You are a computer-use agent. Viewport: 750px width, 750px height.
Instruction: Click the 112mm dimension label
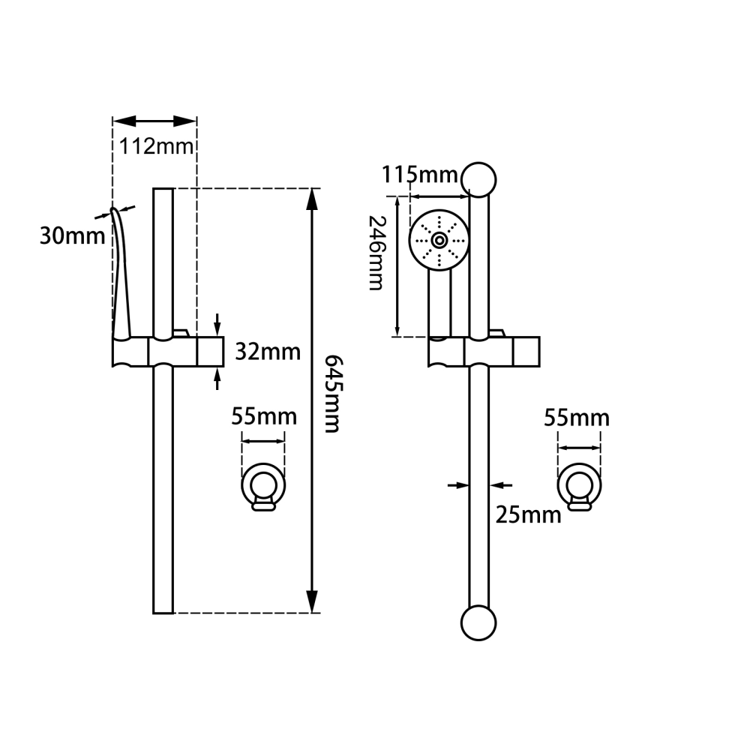click(x=156, y=145)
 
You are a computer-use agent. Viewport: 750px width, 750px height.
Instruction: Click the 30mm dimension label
click(x=72, y=236)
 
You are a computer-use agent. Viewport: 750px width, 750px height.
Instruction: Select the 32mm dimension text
click(x=268, y=351)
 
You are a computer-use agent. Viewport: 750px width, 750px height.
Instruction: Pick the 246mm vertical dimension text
click(x=376, y=253)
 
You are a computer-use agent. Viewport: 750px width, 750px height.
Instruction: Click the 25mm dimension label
click(x=528, y=514)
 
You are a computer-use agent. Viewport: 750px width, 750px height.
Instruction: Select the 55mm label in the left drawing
click(x=264, y=416)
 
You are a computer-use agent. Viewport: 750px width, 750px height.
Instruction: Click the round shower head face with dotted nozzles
click(x=439, y=240)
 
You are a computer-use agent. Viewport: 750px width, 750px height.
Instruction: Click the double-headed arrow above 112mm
click(x=154, y=121)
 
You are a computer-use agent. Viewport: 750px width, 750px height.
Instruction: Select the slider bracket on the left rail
click(x=169, y=351)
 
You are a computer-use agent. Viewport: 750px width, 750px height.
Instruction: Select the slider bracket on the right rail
click(x=484, y=350)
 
